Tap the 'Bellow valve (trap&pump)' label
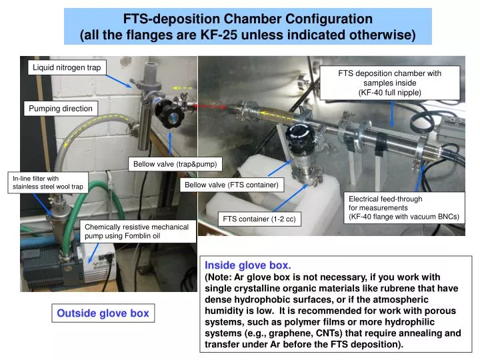(175, 164)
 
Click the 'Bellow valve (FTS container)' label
(231, 185)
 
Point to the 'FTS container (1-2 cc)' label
(259, 219)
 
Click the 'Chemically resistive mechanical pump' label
(137, 231)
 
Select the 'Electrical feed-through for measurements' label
(405, 207)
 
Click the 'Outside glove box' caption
(103, 313)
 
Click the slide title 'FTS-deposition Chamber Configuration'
(247, 19)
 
